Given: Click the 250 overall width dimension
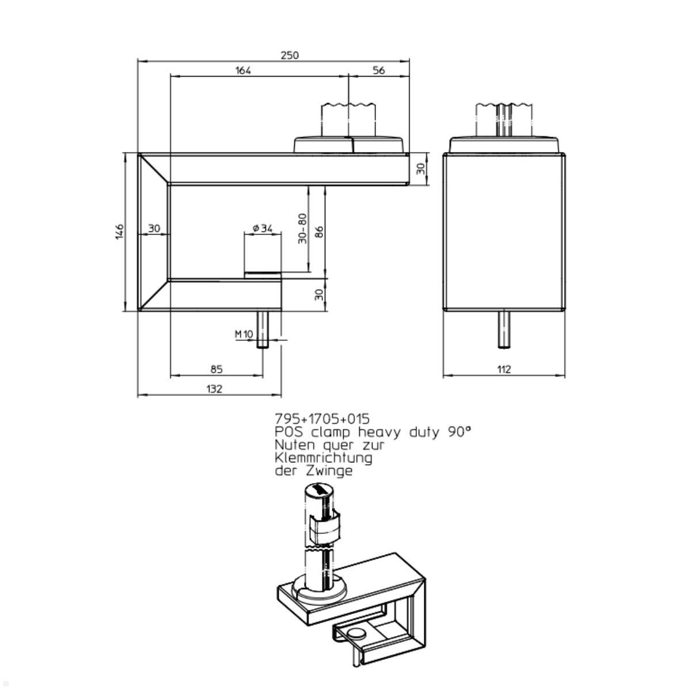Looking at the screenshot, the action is click(290, 55).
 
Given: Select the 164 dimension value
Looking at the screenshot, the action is click(243, 70).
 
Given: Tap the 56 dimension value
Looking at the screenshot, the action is click(378, 70).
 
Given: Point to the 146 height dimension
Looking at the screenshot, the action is click(120, 231).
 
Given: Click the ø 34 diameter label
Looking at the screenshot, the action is click(263, 228).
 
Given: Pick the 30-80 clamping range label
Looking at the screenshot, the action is click(302, 229).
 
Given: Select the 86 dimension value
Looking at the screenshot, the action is click(319, 231).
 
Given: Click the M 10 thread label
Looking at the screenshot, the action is click(244, 334).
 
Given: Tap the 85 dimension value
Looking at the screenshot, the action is click(217, 369).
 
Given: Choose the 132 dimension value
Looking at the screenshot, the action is click(214, 389).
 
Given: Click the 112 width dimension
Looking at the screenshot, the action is click(504, 369).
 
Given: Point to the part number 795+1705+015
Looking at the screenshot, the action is click(322, 419).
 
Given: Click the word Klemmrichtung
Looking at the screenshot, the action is click(324, 458).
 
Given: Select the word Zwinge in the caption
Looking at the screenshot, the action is click(329, 471).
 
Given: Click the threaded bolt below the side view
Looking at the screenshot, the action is click(504, 329).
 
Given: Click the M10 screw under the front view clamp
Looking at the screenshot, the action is click(263, 329).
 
